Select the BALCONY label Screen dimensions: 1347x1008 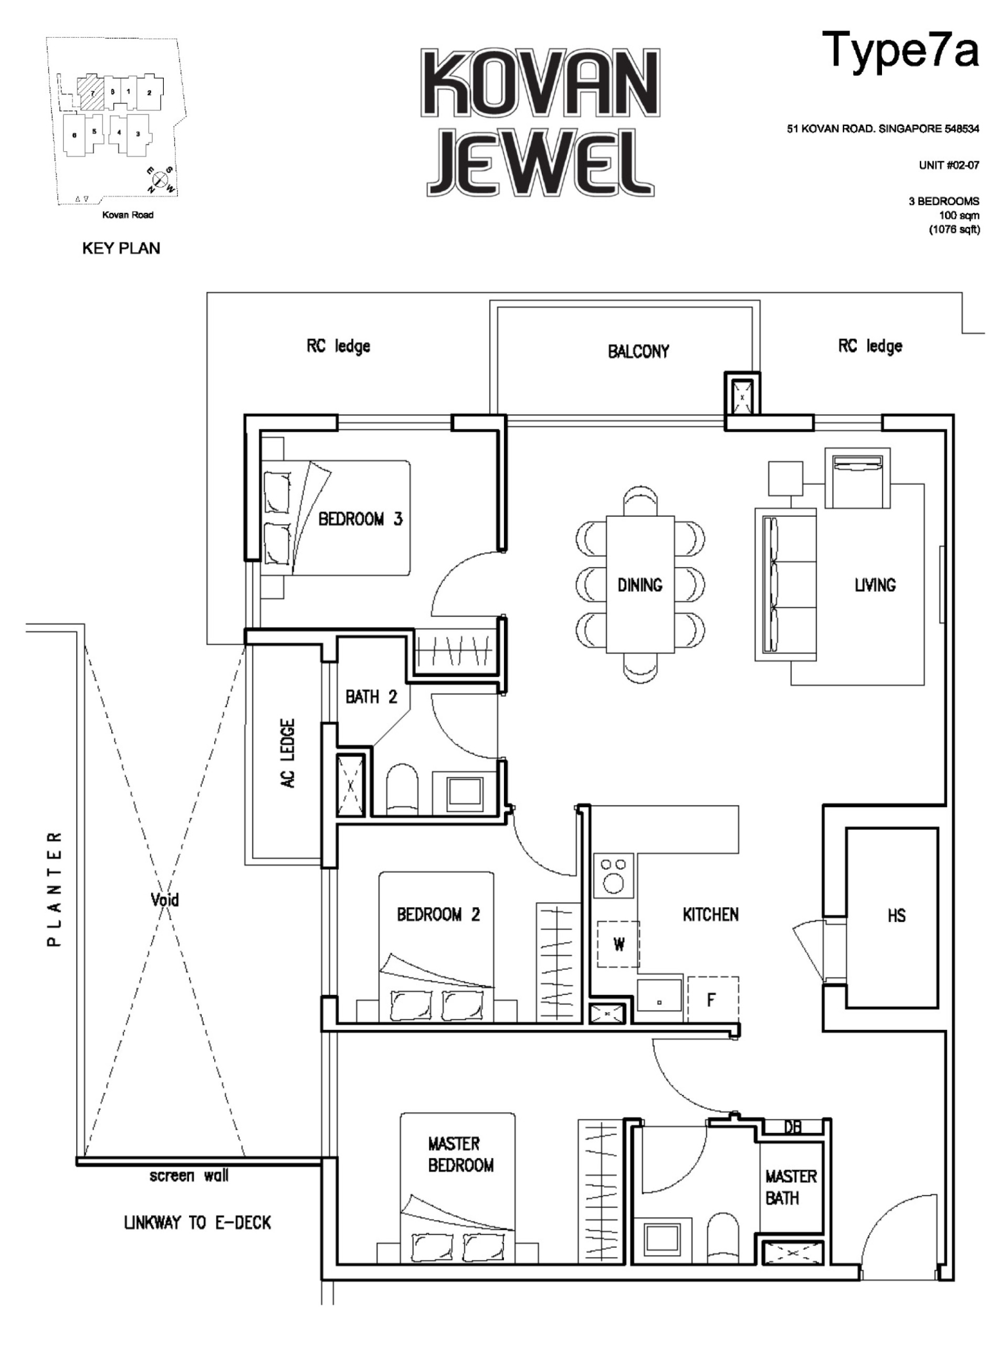(x=638, y=351)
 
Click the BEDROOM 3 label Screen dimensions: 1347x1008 (x=360, y=519)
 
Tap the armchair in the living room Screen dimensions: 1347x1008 (x=857, y=478)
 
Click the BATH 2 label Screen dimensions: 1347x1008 (x=371, y=697)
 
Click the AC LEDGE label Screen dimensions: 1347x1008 (x=288, y=754)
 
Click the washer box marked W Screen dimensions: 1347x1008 (x=618, y=945)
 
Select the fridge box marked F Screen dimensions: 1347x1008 (x=711, y=1000)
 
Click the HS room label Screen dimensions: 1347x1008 (x=896, y=916)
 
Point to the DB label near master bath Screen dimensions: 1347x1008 (x=792, y=1127)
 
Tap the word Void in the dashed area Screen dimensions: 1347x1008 (x=164, y=900)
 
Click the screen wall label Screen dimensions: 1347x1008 (x=188, y=1176)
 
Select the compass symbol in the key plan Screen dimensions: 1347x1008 (x=160, y=180)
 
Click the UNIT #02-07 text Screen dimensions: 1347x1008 (x=948, y=165)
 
